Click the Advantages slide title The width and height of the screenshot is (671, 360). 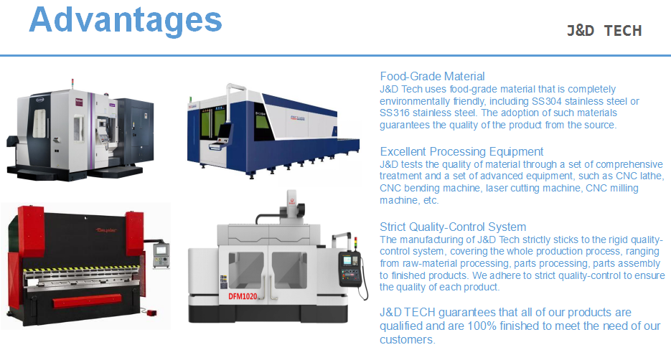126,21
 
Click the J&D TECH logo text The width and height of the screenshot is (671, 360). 604,31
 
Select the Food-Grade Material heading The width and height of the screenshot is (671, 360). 432,77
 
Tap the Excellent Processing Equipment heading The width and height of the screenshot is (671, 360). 461,152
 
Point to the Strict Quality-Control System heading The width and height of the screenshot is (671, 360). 453,227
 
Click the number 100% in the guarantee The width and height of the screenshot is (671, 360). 482,326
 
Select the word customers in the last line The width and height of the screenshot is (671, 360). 406,340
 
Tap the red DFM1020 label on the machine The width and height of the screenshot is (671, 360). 243,296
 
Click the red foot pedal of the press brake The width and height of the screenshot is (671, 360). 151,313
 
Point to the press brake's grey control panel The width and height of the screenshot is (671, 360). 161,256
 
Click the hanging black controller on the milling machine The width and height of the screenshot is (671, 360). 350,268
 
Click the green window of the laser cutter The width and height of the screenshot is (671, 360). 212,123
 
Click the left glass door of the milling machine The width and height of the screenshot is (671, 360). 245,270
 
